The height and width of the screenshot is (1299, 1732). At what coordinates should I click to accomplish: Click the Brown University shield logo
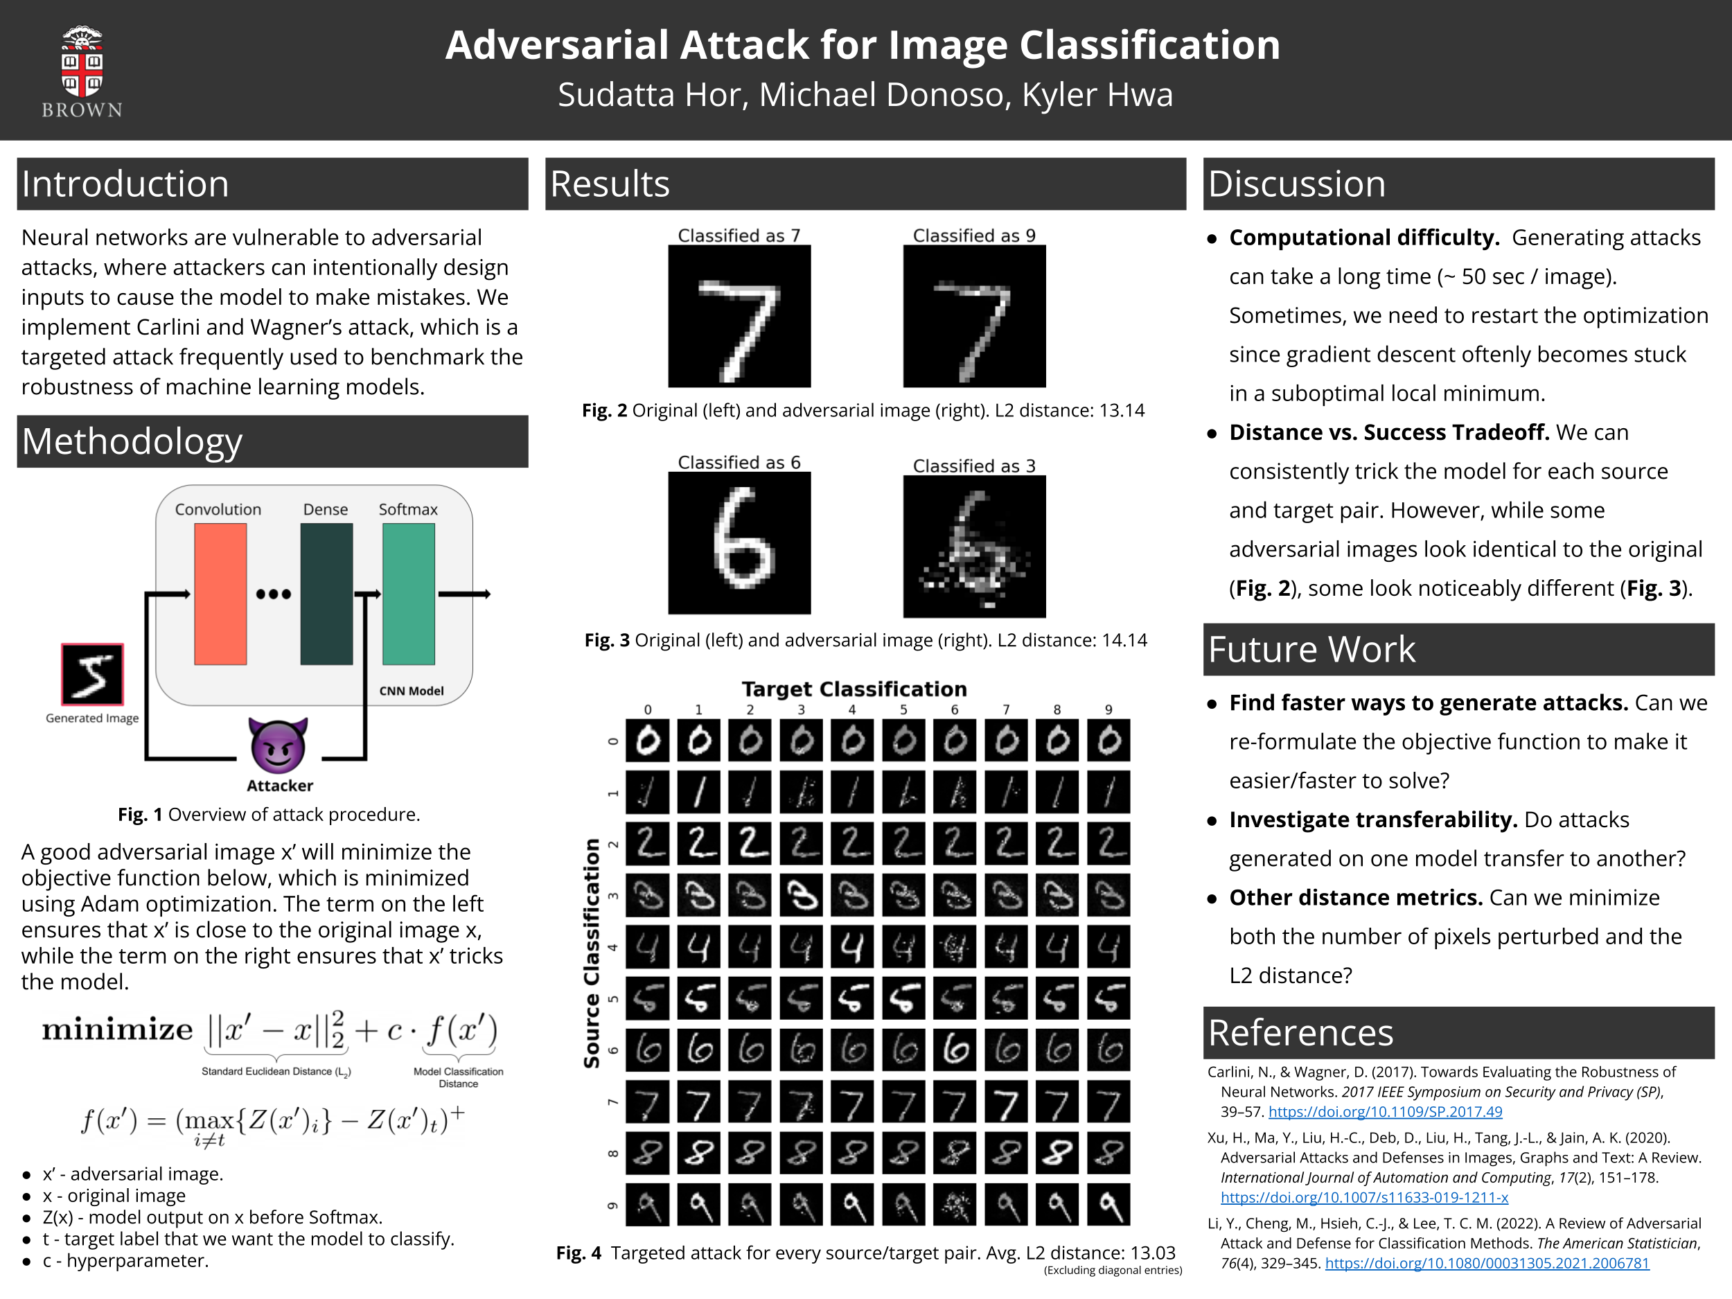pos(82,62)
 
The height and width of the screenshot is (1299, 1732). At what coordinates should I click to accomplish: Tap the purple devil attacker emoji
pos(278,745)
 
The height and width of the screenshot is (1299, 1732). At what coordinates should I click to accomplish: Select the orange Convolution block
pos(220,594)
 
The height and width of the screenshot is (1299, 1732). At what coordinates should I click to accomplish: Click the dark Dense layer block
pos(326,594)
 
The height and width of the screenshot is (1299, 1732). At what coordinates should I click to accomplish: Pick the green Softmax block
pos(408,594)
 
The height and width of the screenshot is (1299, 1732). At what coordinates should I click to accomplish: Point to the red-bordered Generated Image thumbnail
pos(92,674)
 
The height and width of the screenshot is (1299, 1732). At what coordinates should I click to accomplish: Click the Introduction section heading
pos(125,184)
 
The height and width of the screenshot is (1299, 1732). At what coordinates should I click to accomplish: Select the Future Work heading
pos(1311,649)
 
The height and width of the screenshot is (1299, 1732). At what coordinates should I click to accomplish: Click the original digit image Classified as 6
pos(739,543)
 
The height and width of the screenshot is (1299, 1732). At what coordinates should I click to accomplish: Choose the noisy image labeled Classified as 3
pos(974,546)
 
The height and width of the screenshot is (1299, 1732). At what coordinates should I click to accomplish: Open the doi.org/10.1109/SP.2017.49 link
pos(1385,1112)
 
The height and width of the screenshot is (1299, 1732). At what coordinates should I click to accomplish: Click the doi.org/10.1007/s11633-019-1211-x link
pos(1364,1197)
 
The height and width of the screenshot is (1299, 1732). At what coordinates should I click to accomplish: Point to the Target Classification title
pos(854,689)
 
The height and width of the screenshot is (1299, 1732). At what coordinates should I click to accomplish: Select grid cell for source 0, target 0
pos(648,740)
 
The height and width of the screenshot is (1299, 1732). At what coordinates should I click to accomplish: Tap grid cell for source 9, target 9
pos(1108,1203)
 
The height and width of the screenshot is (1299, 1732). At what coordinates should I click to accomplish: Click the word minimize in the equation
pos(118,1029)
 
